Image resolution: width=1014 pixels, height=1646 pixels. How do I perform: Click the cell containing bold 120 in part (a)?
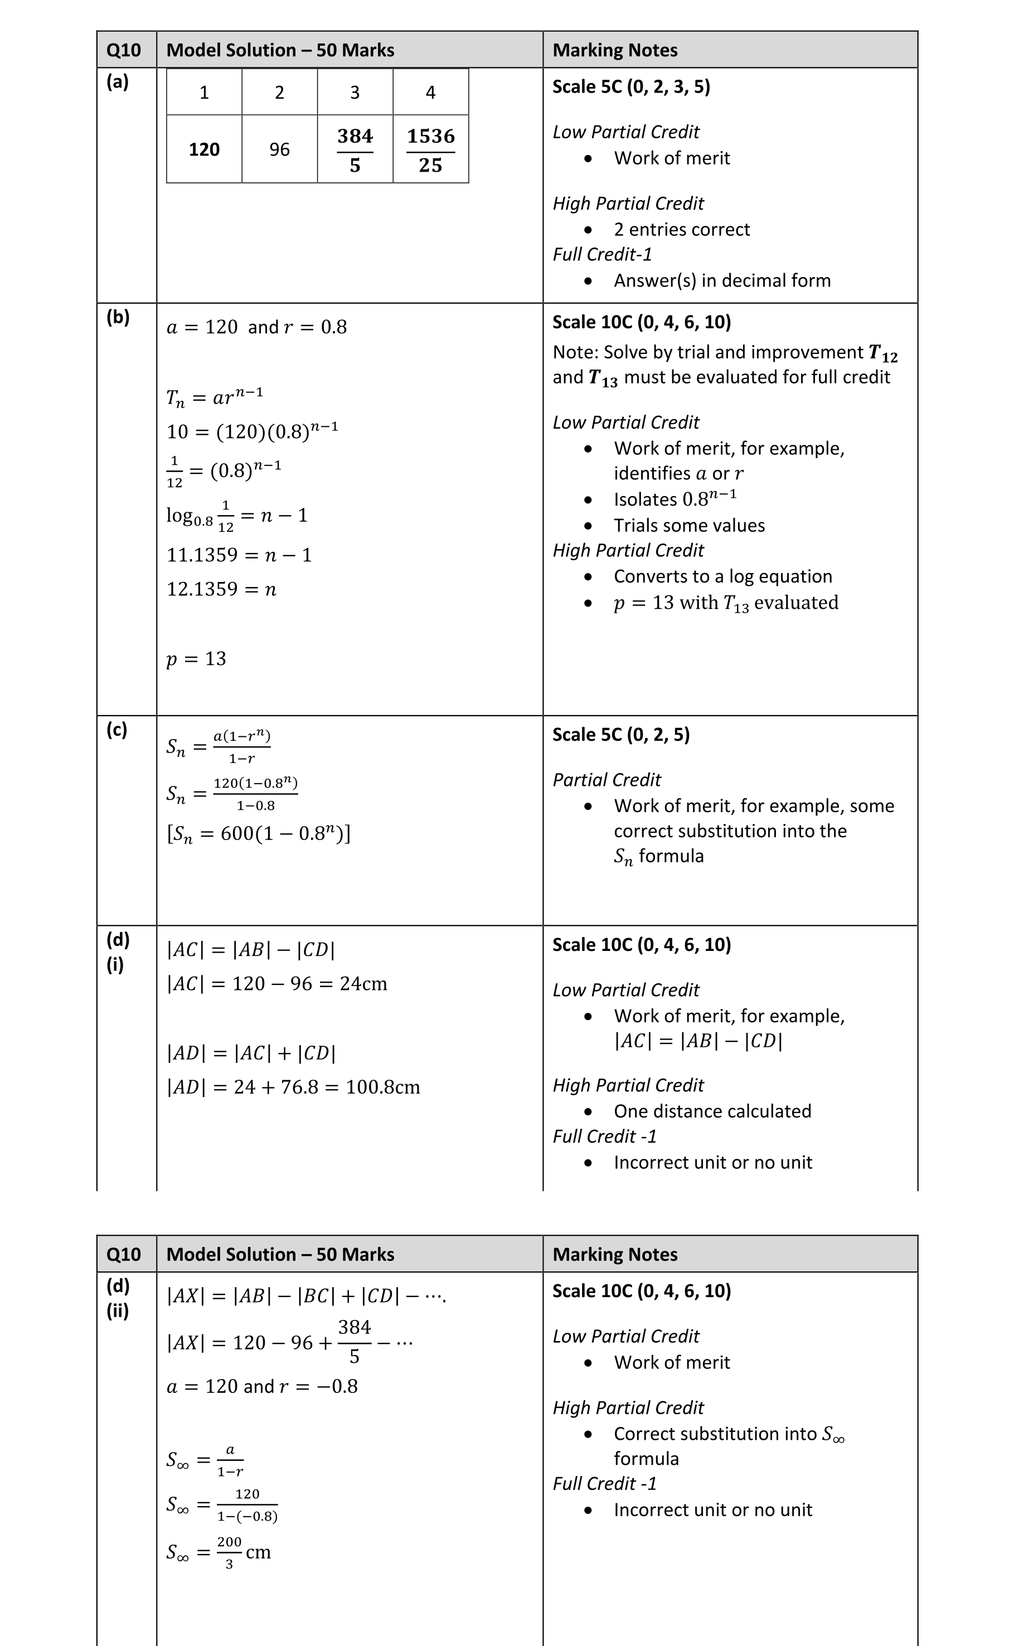[204, 149]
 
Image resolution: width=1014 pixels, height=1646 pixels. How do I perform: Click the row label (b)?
[118, 317]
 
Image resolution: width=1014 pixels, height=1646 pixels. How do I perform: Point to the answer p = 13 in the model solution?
[196, 658]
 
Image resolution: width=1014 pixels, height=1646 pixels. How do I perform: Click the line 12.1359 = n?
[221, 589]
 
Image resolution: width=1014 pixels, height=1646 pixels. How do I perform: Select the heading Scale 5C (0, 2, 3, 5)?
[631, 86]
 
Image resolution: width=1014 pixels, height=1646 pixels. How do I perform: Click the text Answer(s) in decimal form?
[721, 280]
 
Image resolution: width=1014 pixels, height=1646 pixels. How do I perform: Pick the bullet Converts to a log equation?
[722, 576]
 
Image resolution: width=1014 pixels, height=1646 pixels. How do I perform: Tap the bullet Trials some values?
[689, 525]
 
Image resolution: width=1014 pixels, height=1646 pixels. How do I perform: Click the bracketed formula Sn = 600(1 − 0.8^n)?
[258, 833]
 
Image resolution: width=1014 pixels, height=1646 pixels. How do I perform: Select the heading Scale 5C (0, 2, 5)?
[621, 734]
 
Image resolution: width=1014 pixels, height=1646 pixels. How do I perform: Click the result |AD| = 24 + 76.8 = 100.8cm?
[293, 1087]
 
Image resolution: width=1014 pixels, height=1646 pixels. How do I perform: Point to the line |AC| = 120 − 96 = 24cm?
[276, 984]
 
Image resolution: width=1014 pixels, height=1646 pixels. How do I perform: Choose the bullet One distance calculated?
[712, 1111]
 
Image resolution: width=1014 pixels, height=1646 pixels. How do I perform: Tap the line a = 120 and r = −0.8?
[261, 1386]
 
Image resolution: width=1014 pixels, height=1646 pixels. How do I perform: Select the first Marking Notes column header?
[615, 50]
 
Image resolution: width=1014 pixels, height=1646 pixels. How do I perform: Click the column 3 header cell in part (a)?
[355, 92]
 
